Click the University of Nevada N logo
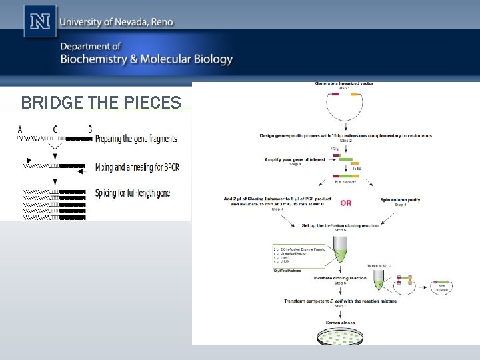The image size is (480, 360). [x=40, y=21]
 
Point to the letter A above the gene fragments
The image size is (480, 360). [x=19, y=129]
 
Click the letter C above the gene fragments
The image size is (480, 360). [x=55, y=129]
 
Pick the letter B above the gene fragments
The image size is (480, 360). [x=90, y=129]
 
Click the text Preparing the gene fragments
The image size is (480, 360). [x=136, y=139]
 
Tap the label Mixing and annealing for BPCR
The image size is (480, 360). [x=137, y=167]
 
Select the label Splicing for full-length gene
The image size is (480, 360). [x=133, y=193]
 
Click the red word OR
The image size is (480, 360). [x=346, y=202]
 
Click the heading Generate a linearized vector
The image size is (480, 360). [x=344, y=84]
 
